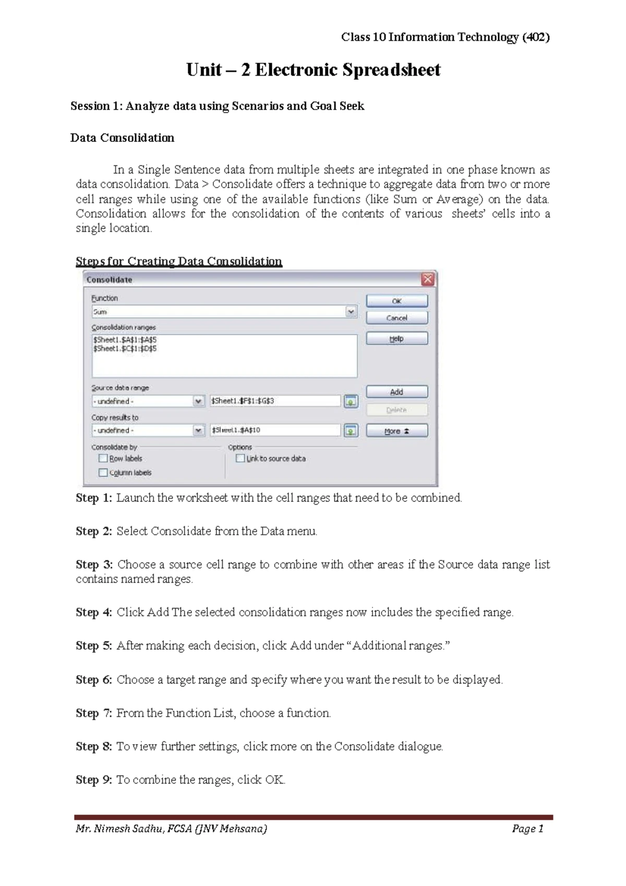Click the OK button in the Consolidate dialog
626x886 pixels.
tap(396, 301)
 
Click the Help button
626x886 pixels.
tap(396, 339)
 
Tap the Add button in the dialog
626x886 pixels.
tap(396, 392)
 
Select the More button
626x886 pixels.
tap(396, 431)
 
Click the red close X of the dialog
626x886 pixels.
tap(428, 279)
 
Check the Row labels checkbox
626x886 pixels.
tap(103, 458)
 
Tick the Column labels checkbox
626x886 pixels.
tap(103, 472)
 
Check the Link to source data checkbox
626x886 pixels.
tap(240, 458)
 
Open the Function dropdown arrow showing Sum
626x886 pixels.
tap(351, 312)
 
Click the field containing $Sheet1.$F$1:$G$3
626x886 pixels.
tap(275, 401)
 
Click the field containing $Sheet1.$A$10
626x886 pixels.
tap(275, 430)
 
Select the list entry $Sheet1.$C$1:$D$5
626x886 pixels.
tap(125, 348)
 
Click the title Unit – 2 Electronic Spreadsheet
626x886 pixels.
tap(313, 69)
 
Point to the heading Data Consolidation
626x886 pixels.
tap(122, 138)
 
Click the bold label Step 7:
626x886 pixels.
tap(94, 713)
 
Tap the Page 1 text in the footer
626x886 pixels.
tap(527, 829)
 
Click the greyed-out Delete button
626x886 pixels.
tap(396, 410)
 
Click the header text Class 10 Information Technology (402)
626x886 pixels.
tap(445, 37)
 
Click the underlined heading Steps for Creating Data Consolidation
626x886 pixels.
tap(178, 261)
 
